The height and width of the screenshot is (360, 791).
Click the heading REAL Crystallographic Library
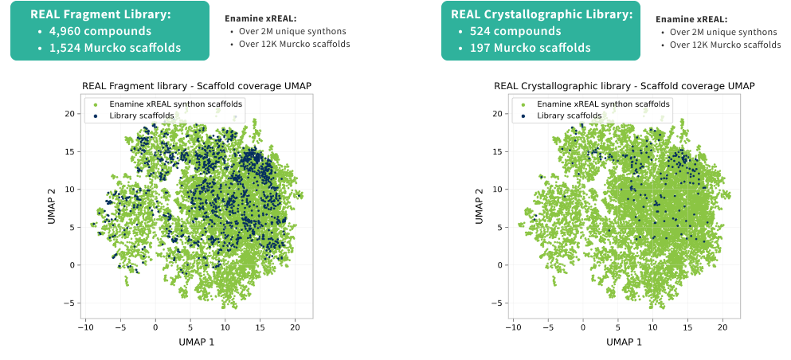(x=542, y=14)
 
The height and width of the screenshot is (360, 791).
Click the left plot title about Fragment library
(x=196, y=86)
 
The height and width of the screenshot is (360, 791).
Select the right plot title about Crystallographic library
(x=624, y=86)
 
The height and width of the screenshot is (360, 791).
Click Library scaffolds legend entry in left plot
(x=142, y=115)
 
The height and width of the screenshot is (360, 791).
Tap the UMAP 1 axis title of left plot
(x=196, y=342)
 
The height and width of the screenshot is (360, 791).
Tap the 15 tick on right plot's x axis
(x=688, y=326)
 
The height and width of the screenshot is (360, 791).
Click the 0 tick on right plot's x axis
(x=583, y=326)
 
